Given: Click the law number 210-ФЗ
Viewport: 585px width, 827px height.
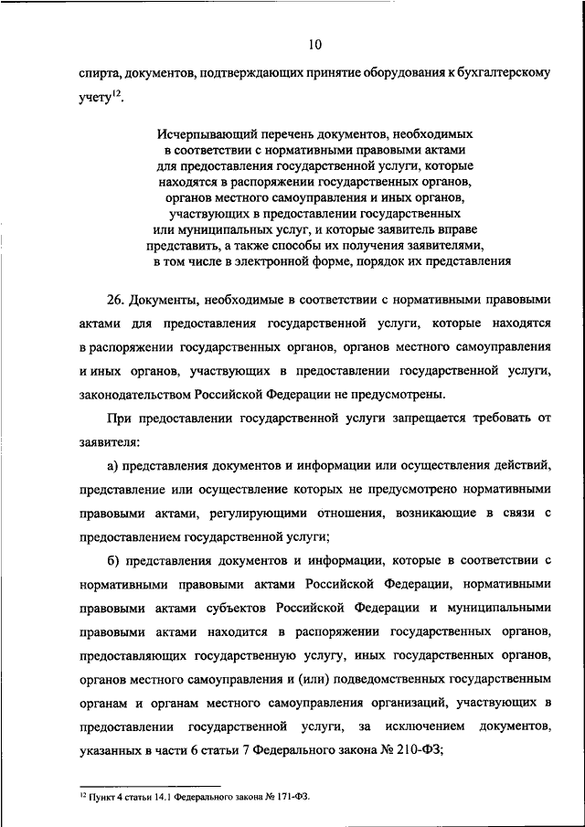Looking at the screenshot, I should (x=413, y=749).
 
